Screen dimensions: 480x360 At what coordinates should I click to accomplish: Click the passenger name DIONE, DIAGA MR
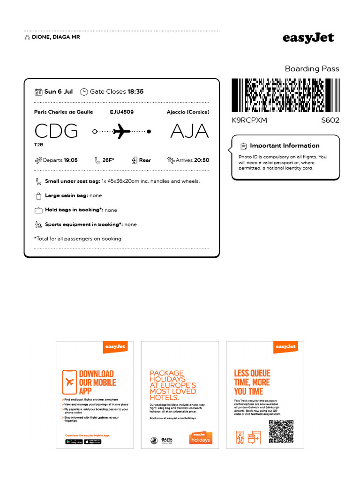point(55,37)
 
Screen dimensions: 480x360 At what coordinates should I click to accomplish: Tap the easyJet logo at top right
point(308,38)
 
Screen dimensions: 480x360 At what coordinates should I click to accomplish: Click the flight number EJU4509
point(122,112)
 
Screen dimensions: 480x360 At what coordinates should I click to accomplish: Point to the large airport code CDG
point(56,131)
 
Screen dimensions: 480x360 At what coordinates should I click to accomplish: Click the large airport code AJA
point(189,131)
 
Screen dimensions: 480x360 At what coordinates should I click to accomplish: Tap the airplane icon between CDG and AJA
point(122,131)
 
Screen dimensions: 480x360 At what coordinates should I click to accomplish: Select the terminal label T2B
point(38,145)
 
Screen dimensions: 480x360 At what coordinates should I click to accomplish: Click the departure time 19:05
point(71,160)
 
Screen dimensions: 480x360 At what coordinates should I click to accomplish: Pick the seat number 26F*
point(108,160)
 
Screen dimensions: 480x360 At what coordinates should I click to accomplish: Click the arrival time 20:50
point(202,160)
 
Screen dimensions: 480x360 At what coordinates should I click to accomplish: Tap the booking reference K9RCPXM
point(249,120)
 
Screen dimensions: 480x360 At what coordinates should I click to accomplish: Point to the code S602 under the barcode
point(330,120)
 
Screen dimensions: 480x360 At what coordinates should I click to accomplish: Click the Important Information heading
point(285,146)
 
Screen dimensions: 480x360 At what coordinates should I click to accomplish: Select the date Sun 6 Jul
point(58,92)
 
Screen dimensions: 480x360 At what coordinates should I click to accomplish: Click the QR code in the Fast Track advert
point(281,432)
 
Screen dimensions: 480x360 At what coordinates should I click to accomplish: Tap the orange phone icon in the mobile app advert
point(69,382)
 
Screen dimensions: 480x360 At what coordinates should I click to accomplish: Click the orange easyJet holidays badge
point(200,438)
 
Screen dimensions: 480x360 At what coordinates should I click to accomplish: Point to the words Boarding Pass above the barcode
point(312,69)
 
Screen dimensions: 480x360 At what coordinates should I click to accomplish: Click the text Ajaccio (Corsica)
point(188,112)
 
